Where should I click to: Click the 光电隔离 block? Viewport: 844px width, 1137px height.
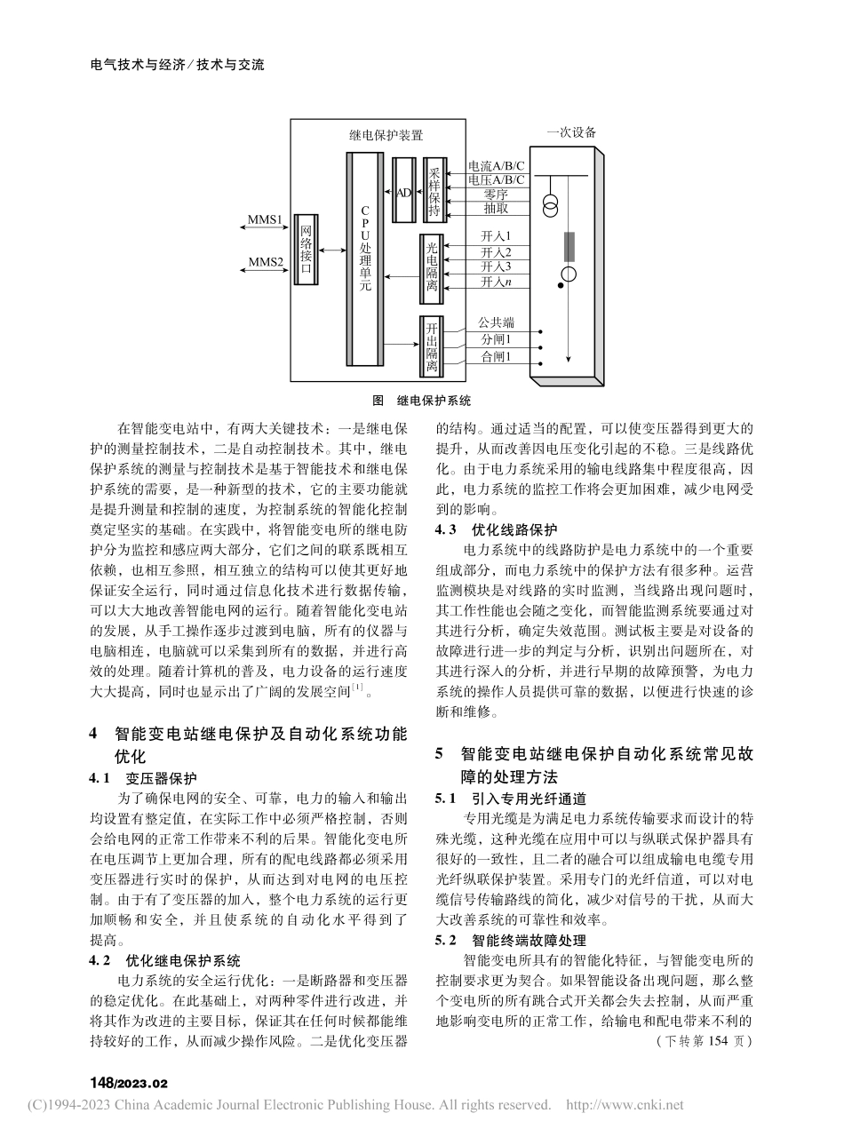click(x=433, y=260)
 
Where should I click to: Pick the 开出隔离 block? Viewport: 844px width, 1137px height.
click(x=432, y=346)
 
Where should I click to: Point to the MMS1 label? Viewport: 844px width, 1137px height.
click(x=266, y=219)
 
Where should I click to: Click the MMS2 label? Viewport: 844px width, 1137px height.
click(x=266, y=261)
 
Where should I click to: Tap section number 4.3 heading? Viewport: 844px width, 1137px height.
click(x=444, y=529)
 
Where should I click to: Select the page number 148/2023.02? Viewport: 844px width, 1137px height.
click(x=130, y=1084)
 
